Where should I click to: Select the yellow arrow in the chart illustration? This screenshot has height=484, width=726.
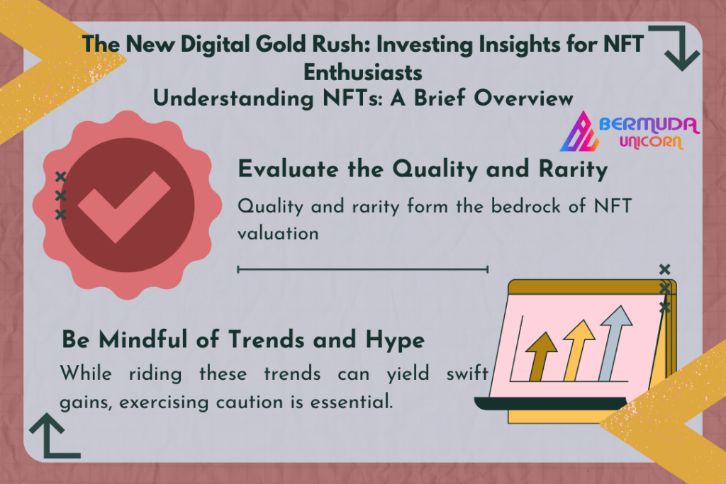coord(577,350)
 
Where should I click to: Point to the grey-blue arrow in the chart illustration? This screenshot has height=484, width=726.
coord(615,343)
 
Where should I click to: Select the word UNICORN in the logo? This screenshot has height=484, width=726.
coord(651,142)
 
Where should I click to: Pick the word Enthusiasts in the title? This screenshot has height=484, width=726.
coord(363,73)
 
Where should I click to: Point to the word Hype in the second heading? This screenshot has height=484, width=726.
coord(395,341)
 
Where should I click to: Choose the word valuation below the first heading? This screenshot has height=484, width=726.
coord(278,233)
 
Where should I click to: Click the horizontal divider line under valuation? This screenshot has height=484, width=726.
coord(362,269)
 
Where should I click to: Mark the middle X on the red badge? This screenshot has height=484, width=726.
coord(60,196)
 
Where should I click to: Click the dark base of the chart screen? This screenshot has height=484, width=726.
coord(550,404)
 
